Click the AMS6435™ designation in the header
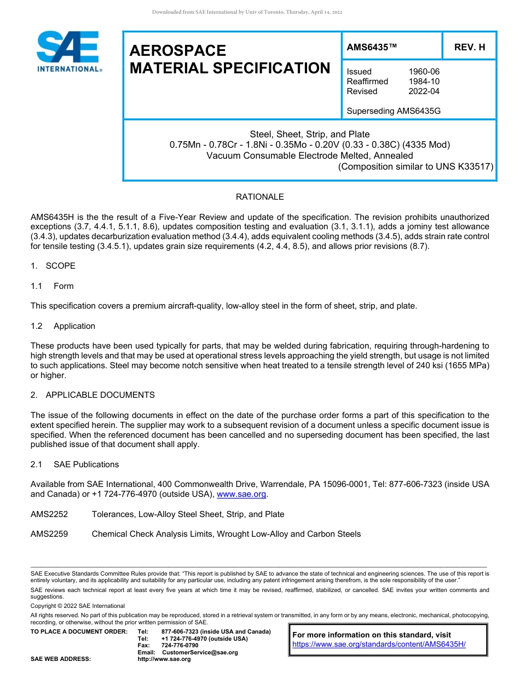[x=371, y=47]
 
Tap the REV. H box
[x=469, y=47]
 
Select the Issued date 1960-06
[x=424, y=72]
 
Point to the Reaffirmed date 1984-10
[x=424, y=82]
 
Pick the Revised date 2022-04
[x=424, y=91]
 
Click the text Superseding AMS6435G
[x=394, y=111]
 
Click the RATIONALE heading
[x=259, y=197]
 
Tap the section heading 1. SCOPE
[x=53, y=266]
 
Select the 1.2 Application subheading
[x=63, y=326]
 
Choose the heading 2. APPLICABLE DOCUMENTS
[x=93, y=395]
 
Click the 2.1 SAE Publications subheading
[x=74, y=465]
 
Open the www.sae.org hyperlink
[x=241, y=494]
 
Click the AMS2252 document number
[x=49, y=514]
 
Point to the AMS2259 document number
[x=49, y=534]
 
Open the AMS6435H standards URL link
[x=379, y=644]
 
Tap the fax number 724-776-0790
[x=180, y=646]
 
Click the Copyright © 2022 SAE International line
[x=78, y=606]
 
